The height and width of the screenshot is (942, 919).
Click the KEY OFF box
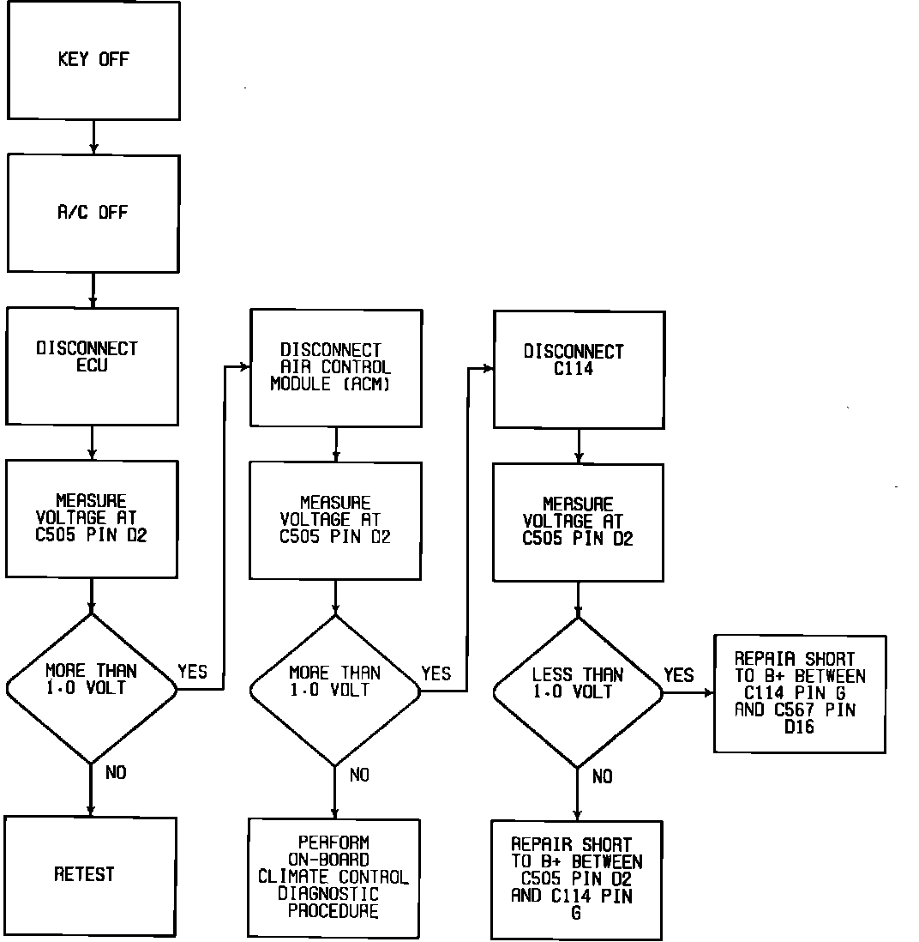pos(93,61)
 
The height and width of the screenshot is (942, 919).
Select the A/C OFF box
pos(93,213)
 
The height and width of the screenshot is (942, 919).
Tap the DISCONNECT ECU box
pos(93,365)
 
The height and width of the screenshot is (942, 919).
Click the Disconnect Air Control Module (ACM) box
pos(335,368)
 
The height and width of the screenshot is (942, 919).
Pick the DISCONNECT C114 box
pos(579,369)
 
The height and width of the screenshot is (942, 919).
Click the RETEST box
pos(90,875)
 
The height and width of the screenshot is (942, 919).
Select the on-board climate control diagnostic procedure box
pos(334,878)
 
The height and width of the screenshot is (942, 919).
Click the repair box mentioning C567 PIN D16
pos(800,693)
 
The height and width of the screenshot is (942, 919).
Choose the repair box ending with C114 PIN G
pos(577,879)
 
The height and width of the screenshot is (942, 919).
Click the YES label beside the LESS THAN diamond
pos(678,675)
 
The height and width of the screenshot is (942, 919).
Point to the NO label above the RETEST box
pos(116,773)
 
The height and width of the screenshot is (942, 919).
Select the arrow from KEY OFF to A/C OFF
pos(93,137)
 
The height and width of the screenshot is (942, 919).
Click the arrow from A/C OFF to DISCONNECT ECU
pos(93,290)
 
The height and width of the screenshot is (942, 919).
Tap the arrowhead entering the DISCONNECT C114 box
pos(488,369)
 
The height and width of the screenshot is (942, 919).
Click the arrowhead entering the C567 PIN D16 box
pos(708,693)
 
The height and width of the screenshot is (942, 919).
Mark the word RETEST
pos(84,875)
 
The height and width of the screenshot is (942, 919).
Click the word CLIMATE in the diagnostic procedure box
pos(292,877)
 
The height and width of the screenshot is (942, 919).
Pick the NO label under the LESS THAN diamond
pos(603,776)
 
